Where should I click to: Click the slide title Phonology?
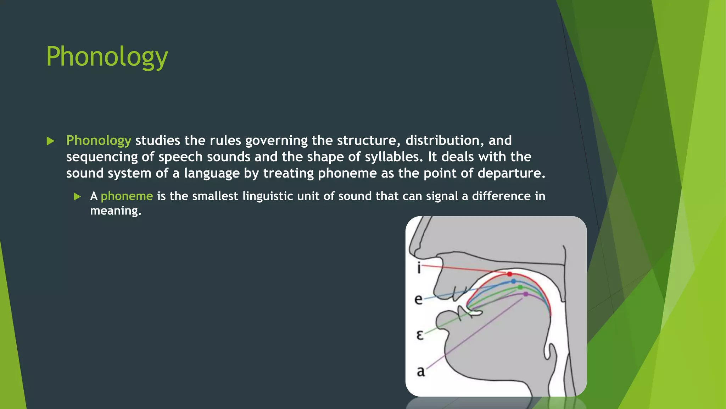107,57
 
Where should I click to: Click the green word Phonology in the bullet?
99,141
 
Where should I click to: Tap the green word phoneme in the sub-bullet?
127,196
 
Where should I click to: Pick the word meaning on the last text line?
116,211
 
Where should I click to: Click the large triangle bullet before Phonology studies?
50,141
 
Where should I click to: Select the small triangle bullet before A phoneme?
77,197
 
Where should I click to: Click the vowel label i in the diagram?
419,268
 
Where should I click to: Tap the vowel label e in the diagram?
418,300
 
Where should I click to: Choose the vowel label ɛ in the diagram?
420,335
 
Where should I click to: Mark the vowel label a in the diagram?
420,371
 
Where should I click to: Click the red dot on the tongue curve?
509,274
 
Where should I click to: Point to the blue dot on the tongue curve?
514,281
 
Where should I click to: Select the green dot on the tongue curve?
520,287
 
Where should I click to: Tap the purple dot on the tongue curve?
526,294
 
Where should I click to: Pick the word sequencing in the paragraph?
102,157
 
